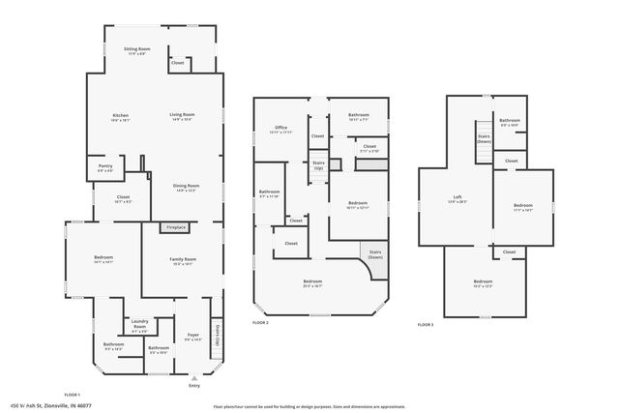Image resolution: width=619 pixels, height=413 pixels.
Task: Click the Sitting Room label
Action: point(136,49)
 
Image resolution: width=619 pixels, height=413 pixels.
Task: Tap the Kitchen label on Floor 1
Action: point(121,117)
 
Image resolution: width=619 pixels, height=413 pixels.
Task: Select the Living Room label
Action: point(182,117)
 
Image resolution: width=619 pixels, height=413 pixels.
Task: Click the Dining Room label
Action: point(186,188)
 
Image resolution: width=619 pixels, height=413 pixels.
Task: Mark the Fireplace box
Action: point(175,227)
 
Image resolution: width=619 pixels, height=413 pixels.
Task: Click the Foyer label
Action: point(192,336)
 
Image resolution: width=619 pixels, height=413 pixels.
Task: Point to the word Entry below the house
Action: point(194,384)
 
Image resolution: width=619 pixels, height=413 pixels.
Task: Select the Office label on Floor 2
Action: point(281,129)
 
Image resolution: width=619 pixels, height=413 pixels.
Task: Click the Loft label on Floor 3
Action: point(457,199)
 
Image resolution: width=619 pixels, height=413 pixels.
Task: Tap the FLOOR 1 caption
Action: point(72,396)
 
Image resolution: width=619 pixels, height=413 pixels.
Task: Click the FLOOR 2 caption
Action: point(260,322)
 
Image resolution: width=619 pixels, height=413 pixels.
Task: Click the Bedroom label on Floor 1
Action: point(103,259)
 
